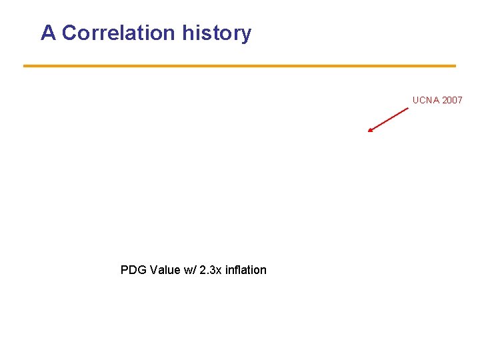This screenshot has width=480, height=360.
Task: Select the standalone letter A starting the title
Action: click(48, 33)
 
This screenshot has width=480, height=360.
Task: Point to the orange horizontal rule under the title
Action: click(239, 66)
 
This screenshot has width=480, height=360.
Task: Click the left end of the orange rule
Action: click(25, 66)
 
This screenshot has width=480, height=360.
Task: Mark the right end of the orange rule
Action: click(455, 66)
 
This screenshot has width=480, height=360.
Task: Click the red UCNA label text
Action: click(425, 100)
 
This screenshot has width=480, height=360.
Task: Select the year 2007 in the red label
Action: click(452, 100)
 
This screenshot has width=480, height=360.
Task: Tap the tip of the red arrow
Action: click(369, 131)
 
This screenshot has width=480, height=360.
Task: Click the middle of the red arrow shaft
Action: click(388, 120)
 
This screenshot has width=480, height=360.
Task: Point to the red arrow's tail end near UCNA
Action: click(407, 108)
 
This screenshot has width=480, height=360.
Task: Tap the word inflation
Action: click(246, 270)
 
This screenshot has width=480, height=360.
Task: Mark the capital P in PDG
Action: click(125, 270)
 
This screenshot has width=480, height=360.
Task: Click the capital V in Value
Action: click(153, 270)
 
